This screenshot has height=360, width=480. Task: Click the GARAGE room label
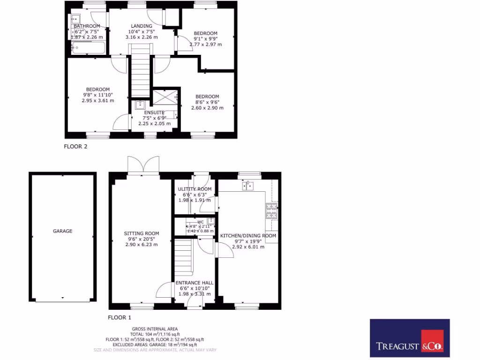(62, 231)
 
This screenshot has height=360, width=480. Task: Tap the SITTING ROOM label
(141, 233)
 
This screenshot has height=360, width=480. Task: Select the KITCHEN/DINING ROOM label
(248, 235)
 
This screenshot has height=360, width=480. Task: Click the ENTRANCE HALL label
(195, 283)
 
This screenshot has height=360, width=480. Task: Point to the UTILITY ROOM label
(195, 189)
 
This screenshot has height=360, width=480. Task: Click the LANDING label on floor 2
(141, 26)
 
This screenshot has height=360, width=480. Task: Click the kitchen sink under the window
(248, 186)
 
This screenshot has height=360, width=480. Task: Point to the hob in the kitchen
(271, 211)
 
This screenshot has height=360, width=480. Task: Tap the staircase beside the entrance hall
(184, 255)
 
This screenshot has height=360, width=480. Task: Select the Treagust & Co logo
(410, 338)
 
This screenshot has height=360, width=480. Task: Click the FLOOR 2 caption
(76, 146)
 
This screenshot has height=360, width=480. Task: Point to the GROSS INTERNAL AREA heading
(154, 329)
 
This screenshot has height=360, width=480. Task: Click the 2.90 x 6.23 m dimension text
(141, 244)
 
